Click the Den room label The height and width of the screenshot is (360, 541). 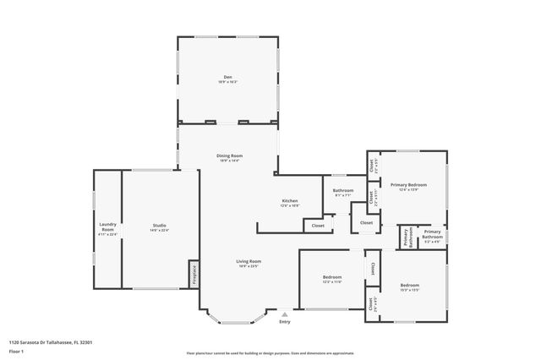coord(228,77)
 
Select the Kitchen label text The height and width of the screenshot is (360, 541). coord(289,201)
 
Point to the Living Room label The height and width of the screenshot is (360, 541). coord(249,261)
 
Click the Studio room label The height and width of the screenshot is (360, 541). coord(159,226)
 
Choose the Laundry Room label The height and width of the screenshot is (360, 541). coord(107,226)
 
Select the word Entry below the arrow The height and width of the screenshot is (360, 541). coord(284,321)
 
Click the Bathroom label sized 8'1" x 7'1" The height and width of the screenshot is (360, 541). coord(343,190)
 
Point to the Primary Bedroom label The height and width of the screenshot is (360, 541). coord(408,184)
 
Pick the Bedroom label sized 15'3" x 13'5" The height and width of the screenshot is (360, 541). coord(410,285)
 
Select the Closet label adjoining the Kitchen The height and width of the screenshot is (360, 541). coord(318,226)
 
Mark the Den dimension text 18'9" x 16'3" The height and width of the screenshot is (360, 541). coord(228,82)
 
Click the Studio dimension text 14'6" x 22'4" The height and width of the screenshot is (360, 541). coord(159,230)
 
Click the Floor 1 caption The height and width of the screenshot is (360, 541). coord(16,350)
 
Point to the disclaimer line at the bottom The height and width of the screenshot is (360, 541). coord(270,352)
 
